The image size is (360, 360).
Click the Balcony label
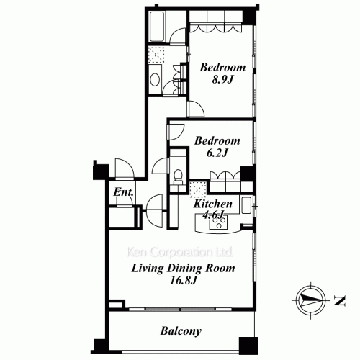coord(181,331)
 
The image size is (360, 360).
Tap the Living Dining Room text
coord(183,268)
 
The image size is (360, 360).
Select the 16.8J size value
coord(184,280)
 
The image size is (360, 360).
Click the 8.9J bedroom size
coord(222,79)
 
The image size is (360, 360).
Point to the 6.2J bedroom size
coord(217,153)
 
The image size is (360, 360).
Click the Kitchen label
coord(213,204)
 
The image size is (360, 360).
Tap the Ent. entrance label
coord(123,192)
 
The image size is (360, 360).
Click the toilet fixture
coord(178,176)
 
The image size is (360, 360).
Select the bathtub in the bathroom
coord(157,27)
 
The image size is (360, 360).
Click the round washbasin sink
coord(155,79)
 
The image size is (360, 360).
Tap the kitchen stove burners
coord(218,222)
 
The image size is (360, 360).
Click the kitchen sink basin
coord(246,205)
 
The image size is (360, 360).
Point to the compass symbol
coord(310,300)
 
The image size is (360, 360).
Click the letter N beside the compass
coord(340,301)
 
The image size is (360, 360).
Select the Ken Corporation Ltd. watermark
coord(180,252)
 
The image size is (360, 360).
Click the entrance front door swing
coord(125,168)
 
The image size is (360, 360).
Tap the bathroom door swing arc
coord(178,37)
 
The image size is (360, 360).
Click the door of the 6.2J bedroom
coord(176,132)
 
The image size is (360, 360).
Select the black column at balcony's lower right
coord(248,346)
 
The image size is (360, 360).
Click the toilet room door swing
coord(161,166)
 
